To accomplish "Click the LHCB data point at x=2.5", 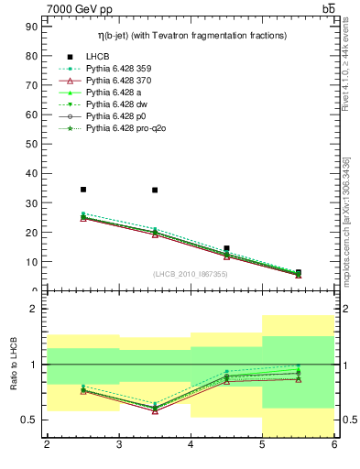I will pos(83,190).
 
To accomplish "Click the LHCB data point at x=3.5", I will pos(155,191).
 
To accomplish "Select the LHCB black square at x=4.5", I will pos(226,248).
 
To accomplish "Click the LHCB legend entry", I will pos(99,56).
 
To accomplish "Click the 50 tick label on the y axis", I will pos(30,145).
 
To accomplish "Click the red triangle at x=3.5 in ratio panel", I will pos(155,410).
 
